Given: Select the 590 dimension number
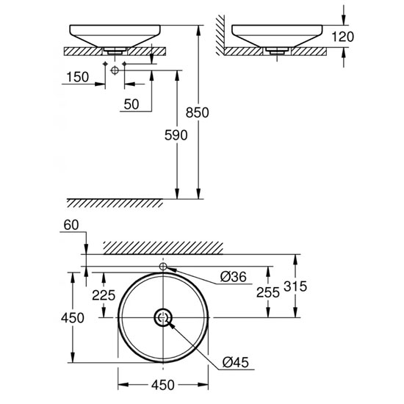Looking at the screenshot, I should pos(176,135).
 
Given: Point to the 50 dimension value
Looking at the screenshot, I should pos(131,104).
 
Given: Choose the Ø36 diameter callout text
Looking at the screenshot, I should pos(234,277).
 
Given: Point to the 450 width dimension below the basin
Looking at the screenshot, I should pos(163,385).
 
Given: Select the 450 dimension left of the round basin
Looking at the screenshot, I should pos(72,318).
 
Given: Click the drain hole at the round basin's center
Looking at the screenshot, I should pos(163,317).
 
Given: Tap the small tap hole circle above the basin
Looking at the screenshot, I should pos(163,266).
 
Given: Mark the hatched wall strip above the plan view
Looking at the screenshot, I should pos(163,246).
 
